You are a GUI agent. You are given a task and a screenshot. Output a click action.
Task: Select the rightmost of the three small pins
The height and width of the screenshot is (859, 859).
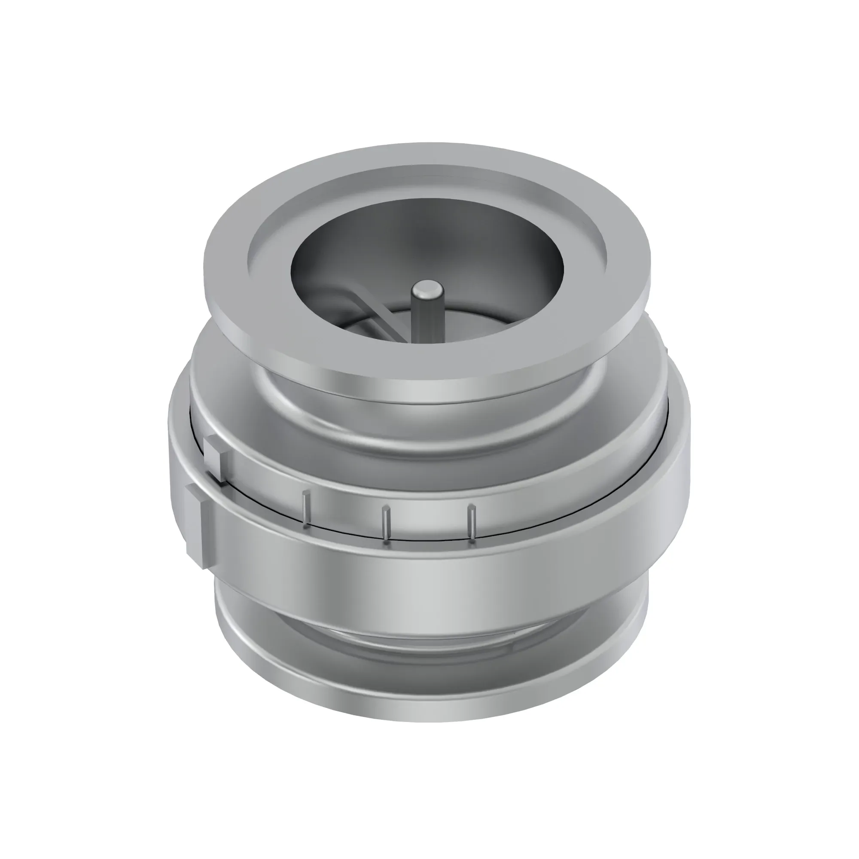472,523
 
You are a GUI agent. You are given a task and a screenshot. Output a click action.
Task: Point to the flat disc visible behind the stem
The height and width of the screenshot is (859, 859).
449,320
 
